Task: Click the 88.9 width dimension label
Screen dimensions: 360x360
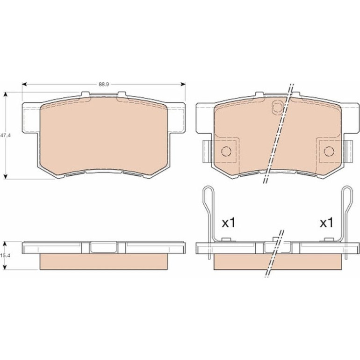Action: tap(104, 84)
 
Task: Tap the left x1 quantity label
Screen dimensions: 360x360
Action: tap(229, 223)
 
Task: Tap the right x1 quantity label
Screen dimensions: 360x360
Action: tap(326, 223)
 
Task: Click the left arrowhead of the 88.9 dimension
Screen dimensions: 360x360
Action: tap(24, 84)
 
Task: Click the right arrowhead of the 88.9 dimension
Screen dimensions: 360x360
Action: tap(183, 84)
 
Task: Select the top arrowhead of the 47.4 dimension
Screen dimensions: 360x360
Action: tap(6, 94)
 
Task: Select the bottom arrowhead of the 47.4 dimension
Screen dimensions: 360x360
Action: tap(6, 176)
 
